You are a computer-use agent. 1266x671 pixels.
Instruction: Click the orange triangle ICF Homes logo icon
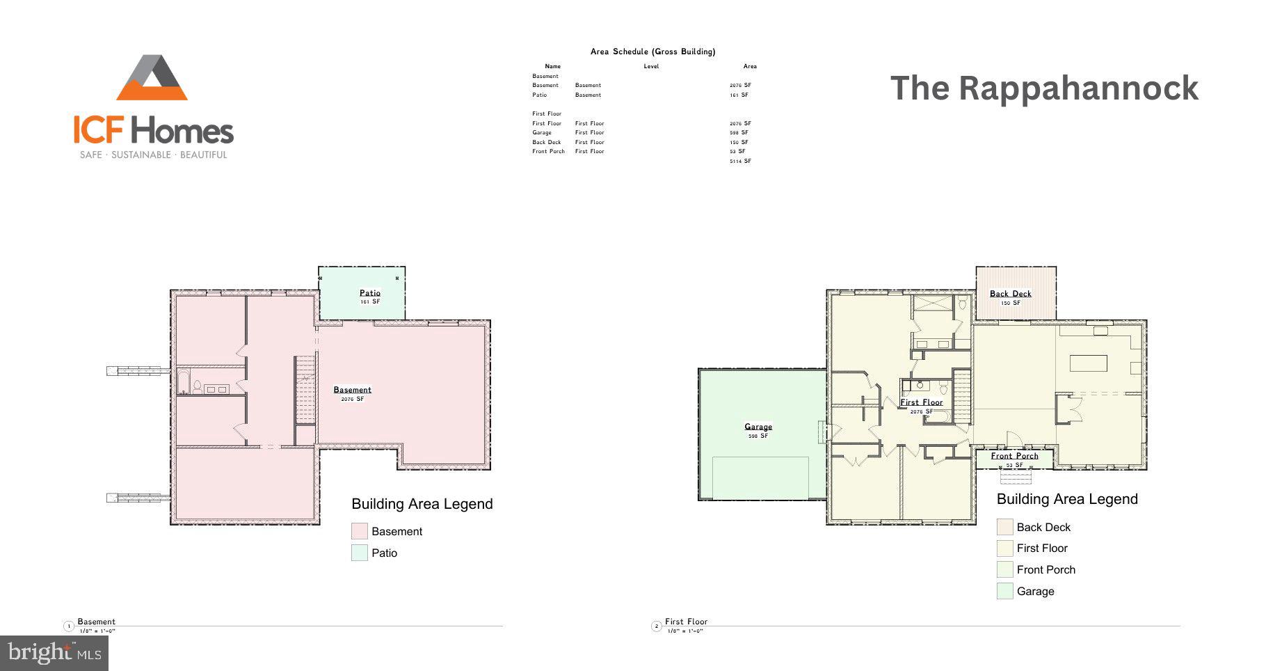coord(152,79)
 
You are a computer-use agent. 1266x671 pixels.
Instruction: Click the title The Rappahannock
coord(1044,88)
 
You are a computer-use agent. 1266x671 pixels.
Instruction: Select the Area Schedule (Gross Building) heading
coord(652,52)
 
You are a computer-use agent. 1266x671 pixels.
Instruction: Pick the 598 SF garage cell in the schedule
coord(739,132)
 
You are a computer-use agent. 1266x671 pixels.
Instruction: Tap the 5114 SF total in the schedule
coord(740,161)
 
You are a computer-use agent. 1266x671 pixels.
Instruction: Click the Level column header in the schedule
coord(651,66)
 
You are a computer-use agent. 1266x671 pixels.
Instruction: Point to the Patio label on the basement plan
coord(369,293)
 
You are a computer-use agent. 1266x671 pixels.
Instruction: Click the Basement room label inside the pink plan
coord(352,390)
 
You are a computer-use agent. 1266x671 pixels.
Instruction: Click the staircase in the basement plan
coord(305,390)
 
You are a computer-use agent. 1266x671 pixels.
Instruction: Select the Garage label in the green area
coord(758,427)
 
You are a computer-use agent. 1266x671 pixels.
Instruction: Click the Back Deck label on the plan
coord(1010,294)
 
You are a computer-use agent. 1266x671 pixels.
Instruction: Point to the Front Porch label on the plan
coord(1014,456)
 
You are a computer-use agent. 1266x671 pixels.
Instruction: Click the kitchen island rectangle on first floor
coord(1088,363)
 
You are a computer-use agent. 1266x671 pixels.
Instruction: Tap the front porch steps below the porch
coord(1016,477)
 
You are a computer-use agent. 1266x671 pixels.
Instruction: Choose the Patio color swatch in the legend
coord(359,553)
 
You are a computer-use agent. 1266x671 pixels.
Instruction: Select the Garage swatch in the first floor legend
coord(1004,591)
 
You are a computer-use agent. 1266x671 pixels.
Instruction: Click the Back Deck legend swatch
coord(1004,527)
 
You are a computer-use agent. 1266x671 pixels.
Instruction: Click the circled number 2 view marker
coord(656,626)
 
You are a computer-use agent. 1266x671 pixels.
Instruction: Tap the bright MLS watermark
coord(54,653)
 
